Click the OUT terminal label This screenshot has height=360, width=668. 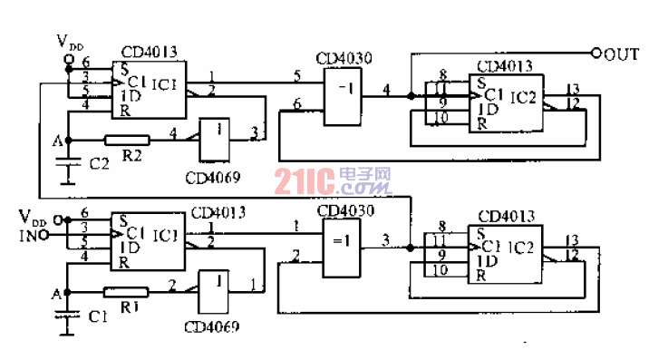623,54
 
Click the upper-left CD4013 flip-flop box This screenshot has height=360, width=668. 149,89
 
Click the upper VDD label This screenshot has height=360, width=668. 70,42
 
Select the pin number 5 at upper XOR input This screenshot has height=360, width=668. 296,75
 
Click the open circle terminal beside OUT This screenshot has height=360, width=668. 596,54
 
